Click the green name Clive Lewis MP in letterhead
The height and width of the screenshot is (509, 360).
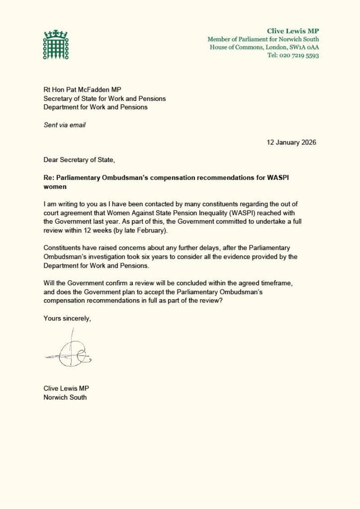pos(293,31)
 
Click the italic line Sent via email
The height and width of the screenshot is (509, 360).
pos(64,125)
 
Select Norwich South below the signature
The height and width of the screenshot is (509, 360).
pos(65,397)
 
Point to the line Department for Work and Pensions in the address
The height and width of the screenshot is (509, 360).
pos(95,107)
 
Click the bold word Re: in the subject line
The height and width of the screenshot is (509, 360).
pos(49,177)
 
